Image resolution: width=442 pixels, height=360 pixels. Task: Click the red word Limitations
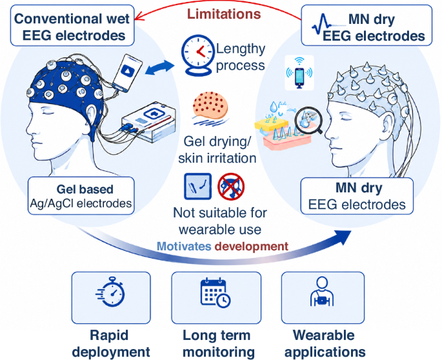click(224, 14)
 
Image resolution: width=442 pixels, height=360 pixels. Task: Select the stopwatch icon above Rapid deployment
click(111, 292)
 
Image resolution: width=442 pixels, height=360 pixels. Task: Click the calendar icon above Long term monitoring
click(216, 293)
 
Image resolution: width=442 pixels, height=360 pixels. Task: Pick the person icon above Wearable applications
click(322, 292)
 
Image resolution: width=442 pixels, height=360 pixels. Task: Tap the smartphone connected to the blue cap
click(127, 73)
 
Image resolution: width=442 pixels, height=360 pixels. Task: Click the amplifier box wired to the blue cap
click(148, 122)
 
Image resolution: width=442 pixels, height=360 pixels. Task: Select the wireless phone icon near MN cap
click(299, 72)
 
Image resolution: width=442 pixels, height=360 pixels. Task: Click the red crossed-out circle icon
click(231, 186)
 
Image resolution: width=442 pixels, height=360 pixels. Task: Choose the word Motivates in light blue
click(184, 246)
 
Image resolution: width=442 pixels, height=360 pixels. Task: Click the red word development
click(252, 246)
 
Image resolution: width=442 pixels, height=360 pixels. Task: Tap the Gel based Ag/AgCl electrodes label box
click(81, 195)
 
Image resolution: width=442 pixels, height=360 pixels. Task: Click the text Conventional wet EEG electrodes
click(72, 27)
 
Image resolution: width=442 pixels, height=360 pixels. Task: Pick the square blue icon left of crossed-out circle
click(197, 186)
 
